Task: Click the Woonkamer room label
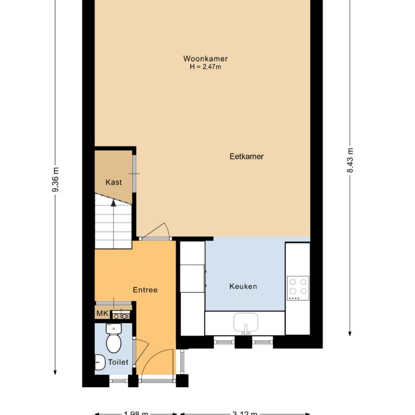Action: [205, 59]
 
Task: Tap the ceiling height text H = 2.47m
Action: [205, 67]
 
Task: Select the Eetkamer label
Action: [246, 157]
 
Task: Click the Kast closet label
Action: [114, 182]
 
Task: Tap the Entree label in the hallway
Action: [145, 290]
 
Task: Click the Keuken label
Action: [243, 286]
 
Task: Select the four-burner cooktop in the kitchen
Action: [298, 287]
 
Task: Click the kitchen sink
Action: [245, 324]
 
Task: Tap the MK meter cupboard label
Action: [102, 314]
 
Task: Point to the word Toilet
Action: [118, 362]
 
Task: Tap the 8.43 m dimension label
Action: [350, 160]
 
